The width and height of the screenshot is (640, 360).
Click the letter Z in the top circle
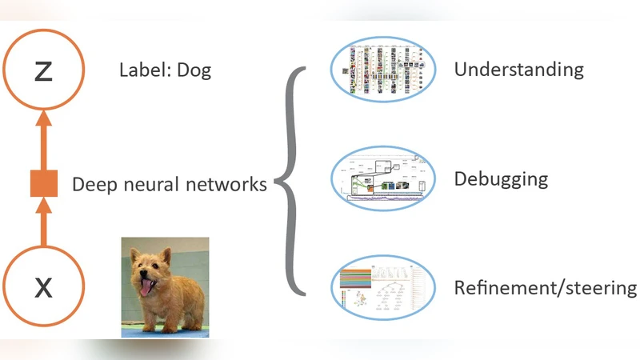click(43, 72)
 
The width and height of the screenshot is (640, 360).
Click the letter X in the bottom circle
click(43, 286)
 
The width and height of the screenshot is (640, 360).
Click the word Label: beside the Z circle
click(145, 70)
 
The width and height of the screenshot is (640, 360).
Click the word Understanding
click(518, 69)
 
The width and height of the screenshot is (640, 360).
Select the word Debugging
click(501, 178)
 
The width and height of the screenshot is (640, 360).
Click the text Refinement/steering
click(546, 288)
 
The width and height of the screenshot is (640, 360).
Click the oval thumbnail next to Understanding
click(383, 70)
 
